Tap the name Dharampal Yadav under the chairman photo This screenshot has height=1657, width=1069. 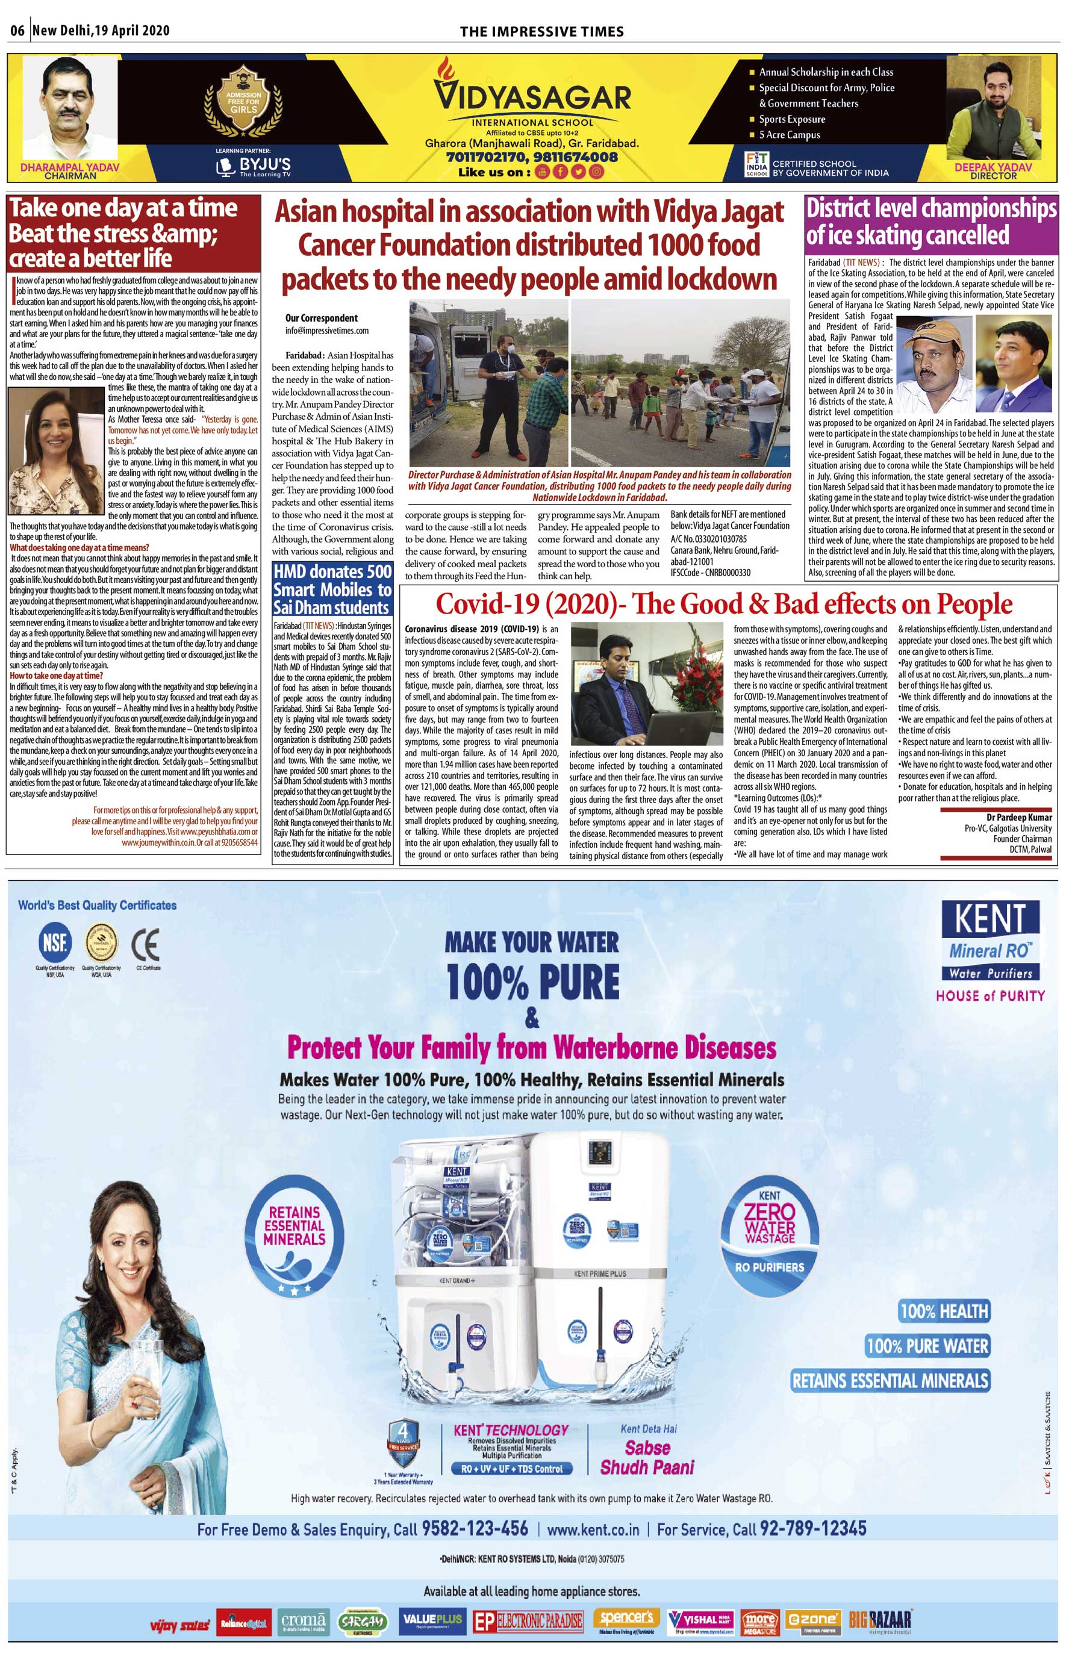pyautogui.click(x=69, y=167)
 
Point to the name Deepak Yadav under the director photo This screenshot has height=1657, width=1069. pyautogui.click(x=993, y=167)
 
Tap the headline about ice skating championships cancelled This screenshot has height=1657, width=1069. pyautogui.click(x=931, y=222)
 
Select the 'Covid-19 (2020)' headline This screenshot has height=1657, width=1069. pyautogui.click(x=723, y=604)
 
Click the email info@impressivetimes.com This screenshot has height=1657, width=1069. pyautogui.click(x=327, y=331)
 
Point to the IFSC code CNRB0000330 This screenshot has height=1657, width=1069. pyautogui.click(x=710, y=573)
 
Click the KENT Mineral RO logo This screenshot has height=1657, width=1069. pyautogui.click(x=991, y=940)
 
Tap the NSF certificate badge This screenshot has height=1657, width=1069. pyautogui.click(x=55, y=943)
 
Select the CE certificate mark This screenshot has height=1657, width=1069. pyautogui.click(x=146, y=944)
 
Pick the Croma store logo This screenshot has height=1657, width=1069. pyautogui.click(x=304, y=1621)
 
